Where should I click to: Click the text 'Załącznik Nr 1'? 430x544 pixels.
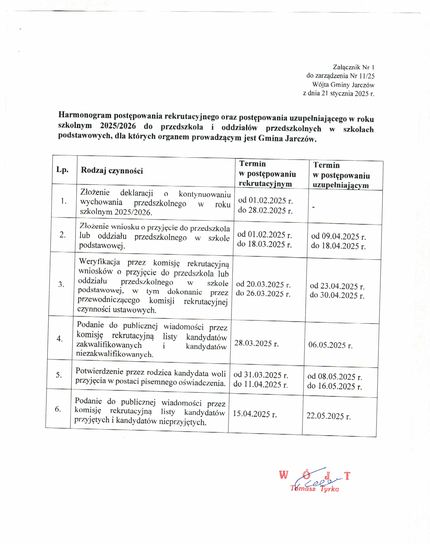(x=354, y=67)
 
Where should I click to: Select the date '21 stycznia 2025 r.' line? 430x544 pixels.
(x=339, y=93)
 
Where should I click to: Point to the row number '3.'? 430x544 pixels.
(x=61, y=284)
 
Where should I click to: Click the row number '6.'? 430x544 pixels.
(x=58, y=409)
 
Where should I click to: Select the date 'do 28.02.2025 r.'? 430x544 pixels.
(x=265, y=210)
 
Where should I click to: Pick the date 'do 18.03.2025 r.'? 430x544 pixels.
(x=264, y=244)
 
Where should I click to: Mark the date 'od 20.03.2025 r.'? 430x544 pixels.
(x=263, y=284)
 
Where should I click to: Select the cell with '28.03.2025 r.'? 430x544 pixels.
(x=257, y=343)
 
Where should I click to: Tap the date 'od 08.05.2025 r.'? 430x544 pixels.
(x=335, y=376)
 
